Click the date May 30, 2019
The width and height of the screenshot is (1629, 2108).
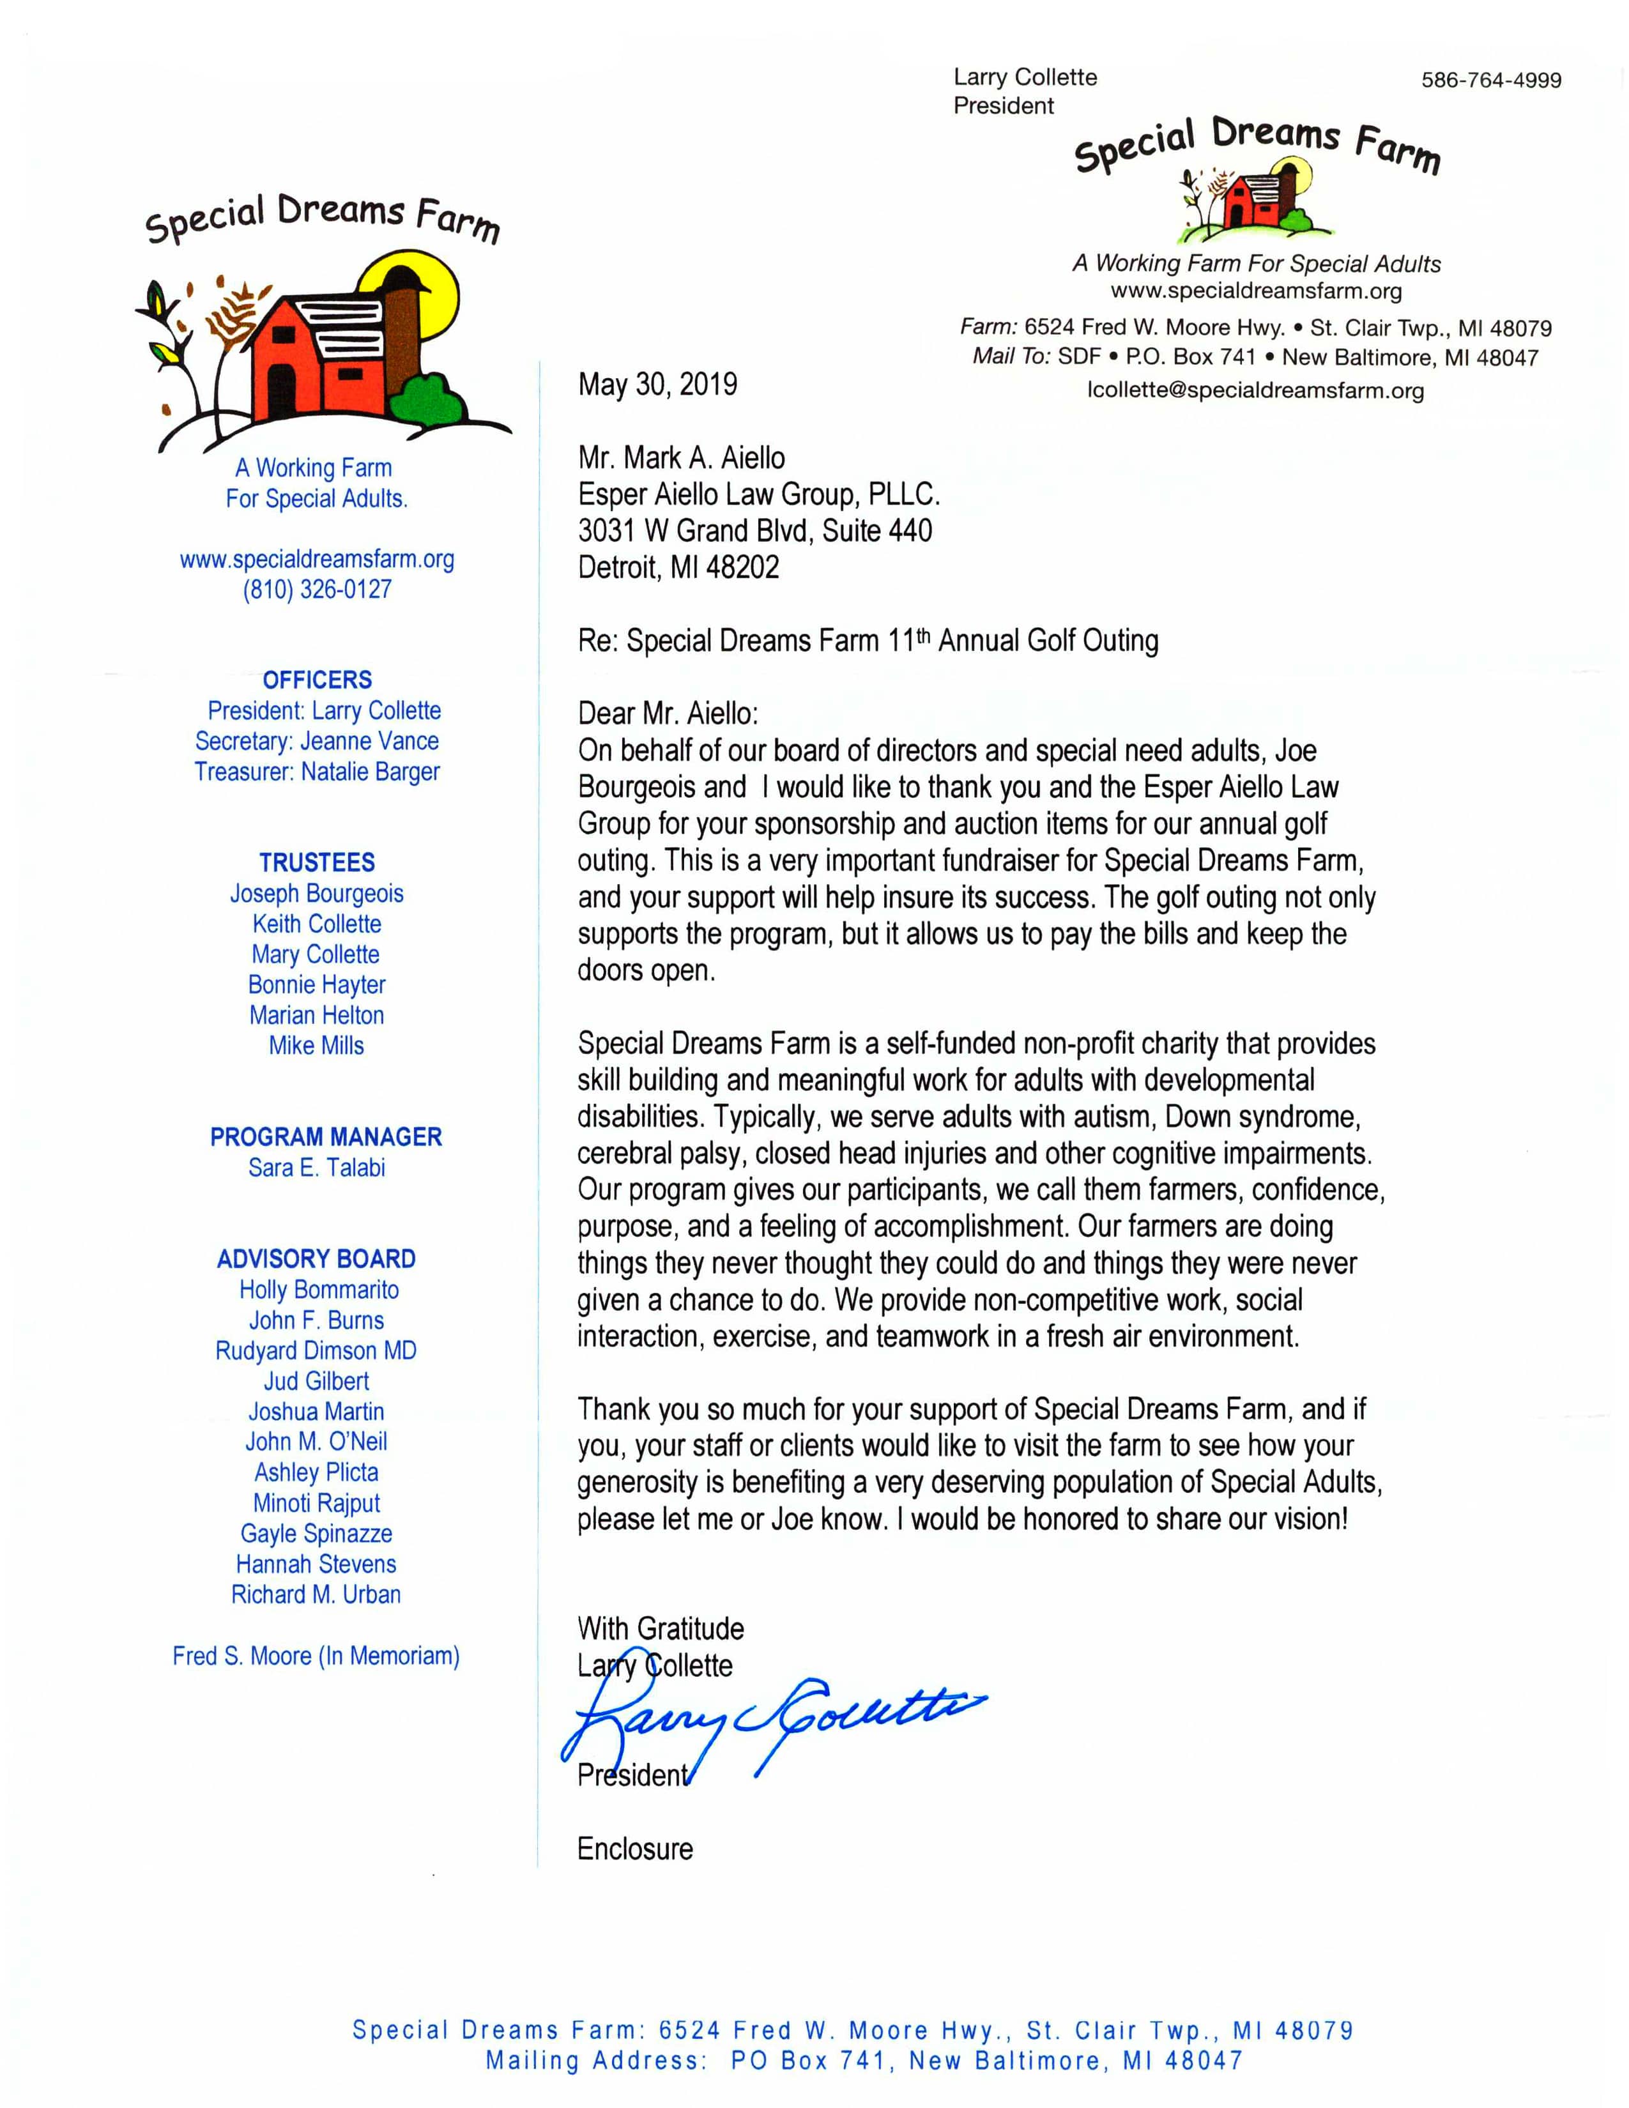tap(657, 384)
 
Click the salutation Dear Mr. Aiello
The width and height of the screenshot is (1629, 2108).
tap(668, 714)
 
